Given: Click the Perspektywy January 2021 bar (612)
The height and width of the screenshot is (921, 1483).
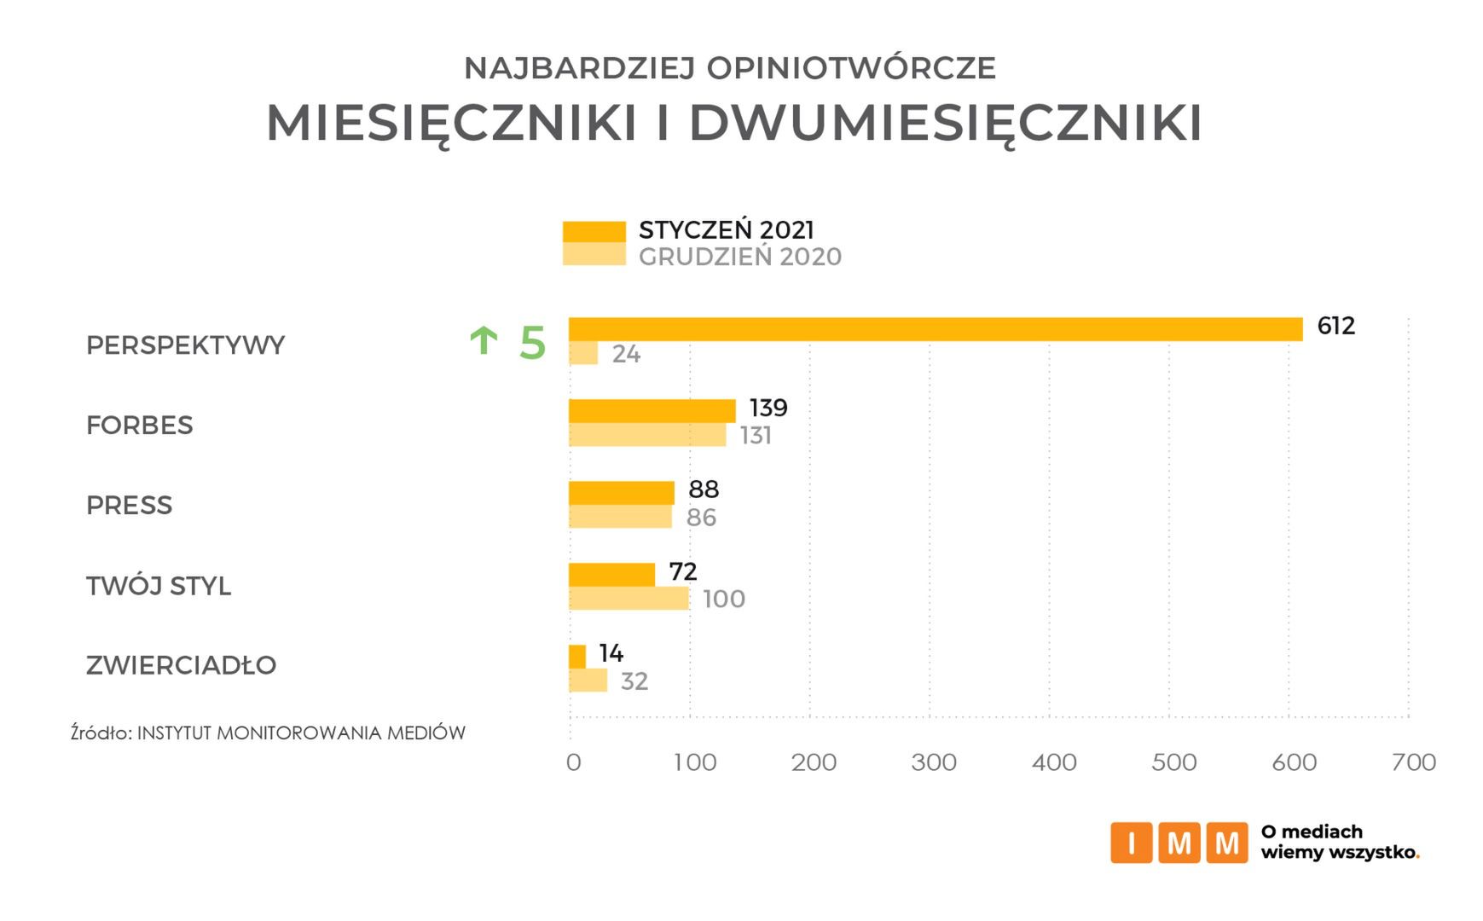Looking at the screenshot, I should click(x=935, y=329).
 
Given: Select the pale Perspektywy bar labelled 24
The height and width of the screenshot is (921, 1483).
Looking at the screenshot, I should click(x=583, y=353).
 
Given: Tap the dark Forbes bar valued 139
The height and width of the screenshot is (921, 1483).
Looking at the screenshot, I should click(x=652, y=410).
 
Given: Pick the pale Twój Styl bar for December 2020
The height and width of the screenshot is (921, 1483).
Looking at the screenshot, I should click(x=629, y=599).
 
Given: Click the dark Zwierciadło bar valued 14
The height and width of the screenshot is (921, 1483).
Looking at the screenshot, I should click(x=577, y=656).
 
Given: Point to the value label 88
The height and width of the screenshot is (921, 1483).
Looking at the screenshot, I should click(x=704, y=489).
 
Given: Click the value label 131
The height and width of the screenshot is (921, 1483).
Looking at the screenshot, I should click(x=756, y=436).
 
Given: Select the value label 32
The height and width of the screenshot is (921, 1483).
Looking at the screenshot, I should click(x=634, y=681).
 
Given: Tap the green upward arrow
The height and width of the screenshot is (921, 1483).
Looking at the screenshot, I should click(x=484, y=341).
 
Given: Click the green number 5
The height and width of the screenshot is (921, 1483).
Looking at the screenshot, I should click(x=532, y=343).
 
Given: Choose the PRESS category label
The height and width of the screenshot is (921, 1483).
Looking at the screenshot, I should click(x=129, y=506).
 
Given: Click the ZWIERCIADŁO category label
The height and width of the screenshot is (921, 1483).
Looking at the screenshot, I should click(x=181, y=665).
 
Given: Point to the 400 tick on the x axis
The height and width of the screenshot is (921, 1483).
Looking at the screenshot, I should click(x=1054, y=762).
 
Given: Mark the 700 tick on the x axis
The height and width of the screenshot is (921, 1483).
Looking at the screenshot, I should click(x=1413, y=762).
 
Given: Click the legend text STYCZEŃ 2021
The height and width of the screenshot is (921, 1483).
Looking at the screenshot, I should click(x=726, y=230).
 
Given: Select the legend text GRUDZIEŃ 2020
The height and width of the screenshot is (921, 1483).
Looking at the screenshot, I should click(x=739, y=257).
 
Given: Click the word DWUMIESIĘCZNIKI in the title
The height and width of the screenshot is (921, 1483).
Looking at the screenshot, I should click(x=945, y=123).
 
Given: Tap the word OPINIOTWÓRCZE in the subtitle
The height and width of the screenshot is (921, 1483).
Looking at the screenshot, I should click(x=852, y=68).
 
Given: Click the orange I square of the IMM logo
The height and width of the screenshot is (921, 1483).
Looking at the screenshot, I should click(x=1132, y=843).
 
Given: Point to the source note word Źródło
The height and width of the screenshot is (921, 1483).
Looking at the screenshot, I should click(x=100, y=733).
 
